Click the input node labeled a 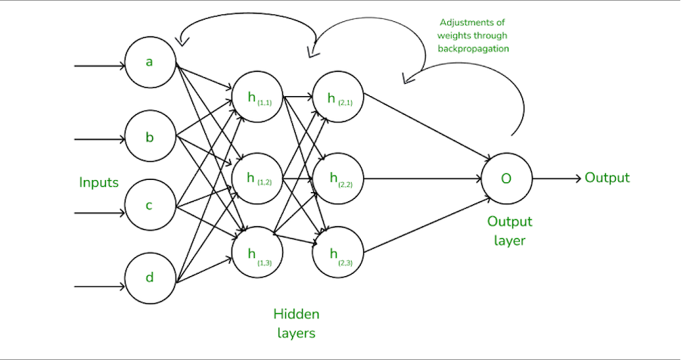(150, 61)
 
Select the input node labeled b (150, 137)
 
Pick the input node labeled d (150, 277)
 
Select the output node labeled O (507, 178)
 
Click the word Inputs (99, 182)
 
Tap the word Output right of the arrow (607, 178)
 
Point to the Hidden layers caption (296, 323)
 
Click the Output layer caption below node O (509, 231)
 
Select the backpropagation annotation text (473, 35)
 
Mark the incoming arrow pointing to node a (99, 66)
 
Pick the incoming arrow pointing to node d (99, 287)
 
